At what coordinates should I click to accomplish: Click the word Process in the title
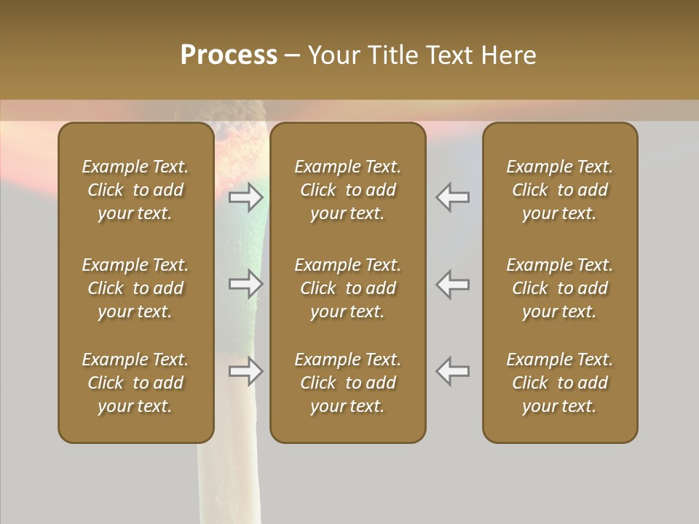click(229, 55)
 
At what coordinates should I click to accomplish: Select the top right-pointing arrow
click(246, 197)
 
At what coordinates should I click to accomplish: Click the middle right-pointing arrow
click(246, 284)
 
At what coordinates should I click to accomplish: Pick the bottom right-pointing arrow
click(246, 371)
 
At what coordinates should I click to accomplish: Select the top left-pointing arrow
click(453, 197)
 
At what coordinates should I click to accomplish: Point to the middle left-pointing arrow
click(453, 284)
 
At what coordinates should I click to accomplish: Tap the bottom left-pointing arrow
click(453, 371)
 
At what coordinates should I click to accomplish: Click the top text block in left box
click(135, 190)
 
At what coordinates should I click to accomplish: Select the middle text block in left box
click(135, 288)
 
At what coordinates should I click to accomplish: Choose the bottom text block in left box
click(135, 383)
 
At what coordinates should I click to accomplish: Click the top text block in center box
click(347, 190)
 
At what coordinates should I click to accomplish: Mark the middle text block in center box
click(347, 288)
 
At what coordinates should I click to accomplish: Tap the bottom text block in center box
click(347, 383)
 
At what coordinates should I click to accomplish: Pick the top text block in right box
click(559, 190)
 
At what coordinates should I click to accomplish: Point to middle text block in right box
click(559, 288)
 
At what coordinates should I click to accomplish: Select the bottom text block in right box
click(559, 383)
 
